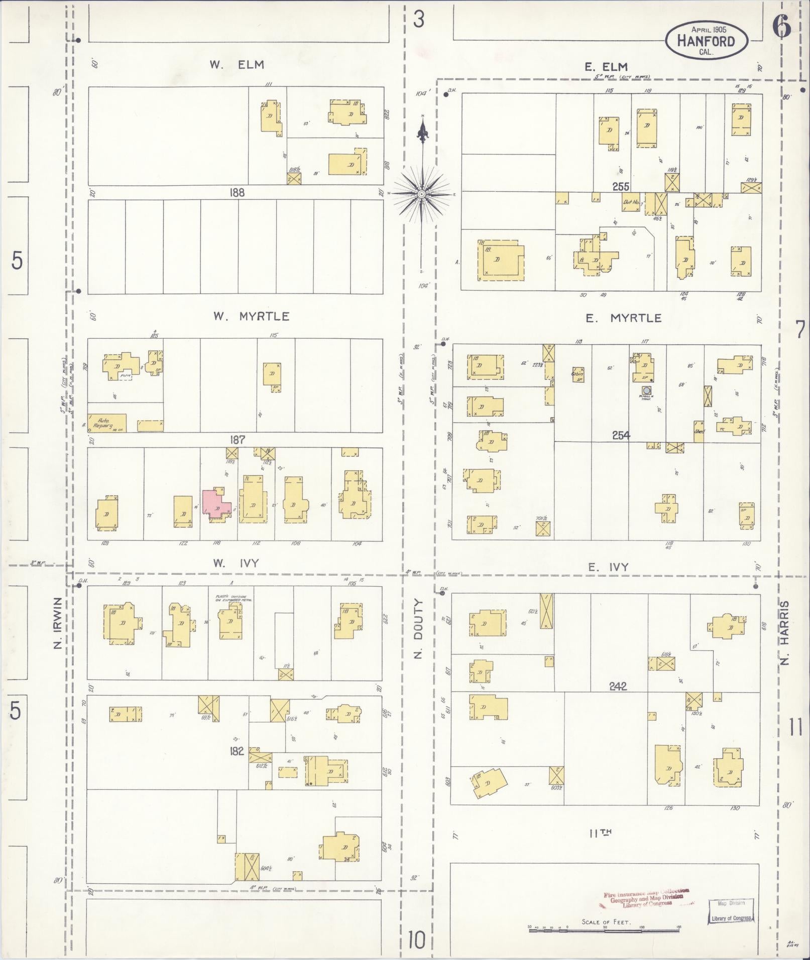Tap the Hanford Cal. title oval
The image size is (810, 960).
point(707,41)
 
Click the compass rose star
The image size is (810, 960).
point(422,193)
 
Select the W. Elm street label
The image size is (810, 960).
point(237,65)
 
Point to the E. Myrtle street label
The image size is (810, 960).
point(623,318)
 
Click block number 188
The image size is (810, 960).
point(237,192)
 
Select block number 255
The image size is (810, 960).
point(621,186)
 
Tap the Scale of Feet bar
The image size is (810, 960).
point(604,929)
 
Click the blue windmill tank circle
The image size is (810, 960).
point(647,390)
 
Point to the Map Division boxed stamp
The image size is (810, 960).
point(732,910)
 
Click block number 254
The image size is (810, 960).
point(621,436)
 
